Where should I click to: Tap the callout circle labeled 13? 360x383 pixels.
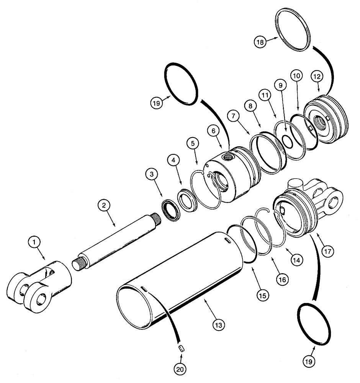tap(219, 325)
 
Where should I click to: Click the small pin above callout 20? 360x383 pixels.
tap(182, 348)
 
